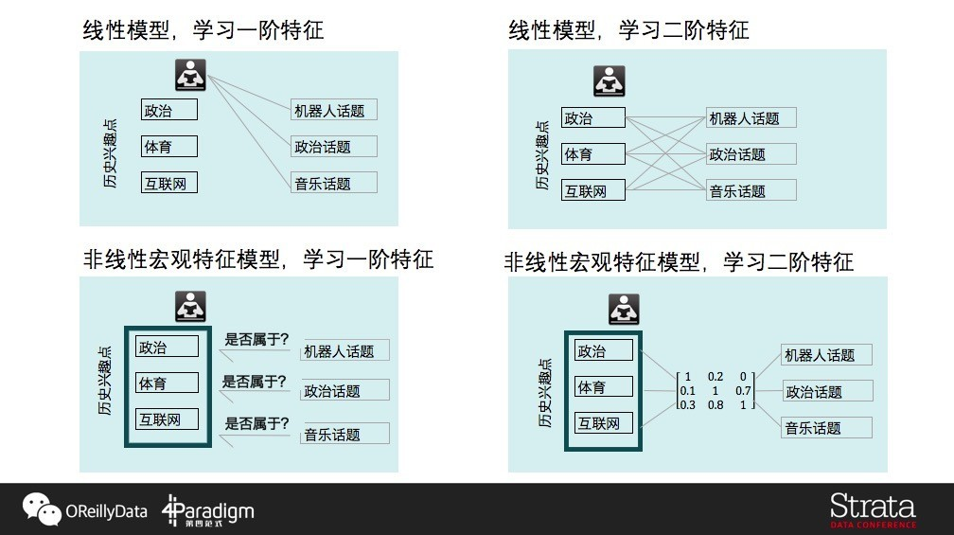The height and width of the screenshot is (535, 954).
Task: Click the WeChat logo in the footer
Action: pos(42,509)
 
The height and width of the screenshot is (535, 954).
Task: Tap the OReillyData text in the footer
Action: pos(106,512)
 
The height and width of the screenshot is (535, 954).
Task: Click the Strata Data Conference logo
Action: pos(873,509)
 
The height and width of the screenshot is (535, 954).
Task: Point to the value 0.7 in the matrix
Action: pos(743,390)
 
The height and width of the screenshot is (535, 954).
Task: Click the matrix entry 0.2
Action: pos(715,376)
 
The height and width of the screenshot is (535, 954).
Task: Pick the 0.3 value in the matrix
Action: pos(687,405)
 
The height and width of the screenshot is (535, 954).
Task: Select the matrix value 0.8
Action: pos(715,405)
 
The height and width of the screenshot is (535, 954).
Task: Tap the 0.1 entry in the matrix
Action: pos(687,390)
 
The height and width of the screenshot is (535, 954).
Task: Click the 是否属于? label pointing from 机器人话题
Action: pos(256,339)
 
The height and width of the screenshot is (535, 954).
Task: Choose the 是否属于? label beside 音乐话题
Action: pos(256,423)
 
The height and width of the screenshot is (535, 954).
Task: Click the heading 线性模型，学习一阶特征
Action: pos(203,30)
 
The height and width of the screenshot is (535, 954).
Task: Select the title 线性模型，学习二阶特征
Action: pos(628,30)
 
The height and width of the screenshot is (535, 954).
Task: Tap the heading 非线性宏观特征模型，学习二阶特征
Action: pos(679,261)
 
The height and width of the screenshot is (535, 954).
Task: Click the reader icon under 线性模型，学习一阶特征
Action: pos(191,75)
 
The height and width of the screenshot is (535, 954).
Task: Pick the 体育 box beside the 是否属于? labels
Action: pos(167,383)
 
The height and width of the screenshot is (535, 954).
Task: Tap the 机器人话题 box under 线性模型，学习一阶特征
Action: pos(333,110)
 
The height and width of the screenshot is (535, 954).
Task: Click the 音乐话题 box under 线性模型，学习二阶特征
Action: pos(751,190)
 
